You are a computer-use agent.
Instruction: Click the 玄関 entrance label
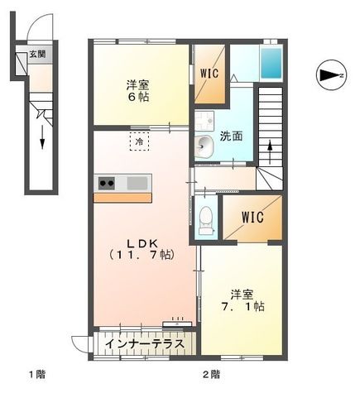(38, 55)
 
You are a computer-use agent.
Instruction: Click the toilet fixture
(206, 217)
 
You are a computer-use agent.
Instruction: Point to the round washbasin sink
(204, 147)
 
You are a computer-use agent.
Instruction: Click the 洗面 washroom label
(232, 136)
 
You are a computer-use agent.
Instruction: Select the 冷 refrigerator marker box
(139, 141)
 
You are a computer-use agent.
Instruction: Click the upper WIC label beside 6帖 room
(210, 72)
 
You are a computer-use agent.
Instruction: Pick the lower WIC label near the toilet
(251, 218)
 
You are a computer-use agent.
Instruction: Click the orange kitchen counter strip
(122, 197)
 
